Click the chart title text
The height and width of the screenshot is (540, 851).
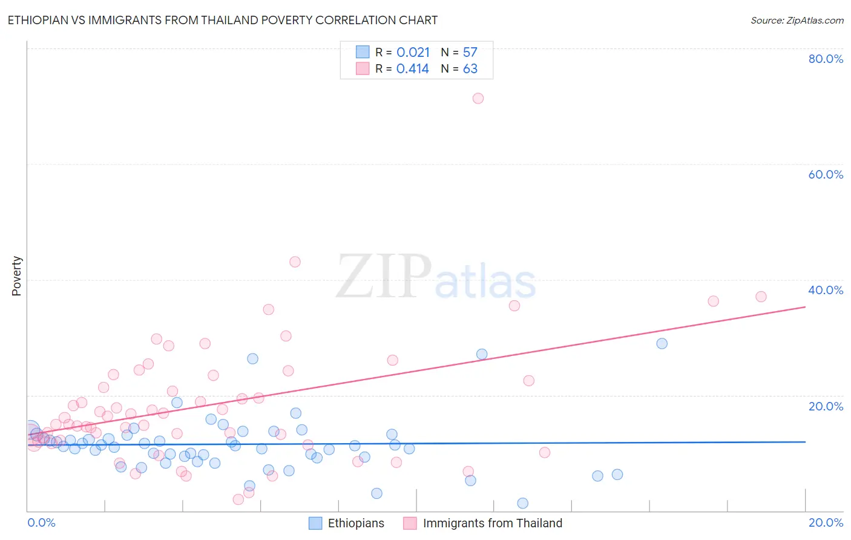coord(222,20)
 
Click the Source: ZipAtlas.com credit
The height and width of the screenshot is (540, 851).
coord(797,20)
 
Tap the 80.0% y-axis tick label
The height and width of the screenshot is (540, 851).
coord(826,59)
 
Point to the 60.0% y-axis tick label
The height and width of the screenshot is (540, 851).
coord(826,174)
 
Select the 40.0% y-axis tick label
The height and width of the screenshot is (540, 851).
coord(826,290)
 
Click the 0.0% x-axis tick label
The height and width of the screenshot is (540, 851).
coord(41,522)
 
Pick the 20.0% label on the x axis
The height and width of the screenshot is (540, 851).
coord(826,522)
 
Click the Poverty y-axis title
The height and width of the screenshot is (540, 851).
coord(16,276)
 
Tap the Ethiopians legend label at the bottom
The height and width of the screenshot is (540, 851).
coord(356,523)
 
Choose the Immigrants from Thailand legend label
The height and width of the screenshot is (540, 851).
coord(493,523)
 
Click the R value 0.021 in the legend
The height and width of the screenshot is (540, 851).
coord(413,53)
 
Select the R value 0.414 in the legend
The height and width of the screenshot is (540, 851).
coord(413,69)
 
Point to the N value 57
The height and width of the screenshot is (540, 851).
coord(470,53)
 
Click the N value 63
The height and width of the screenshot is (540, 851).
coord(470,69)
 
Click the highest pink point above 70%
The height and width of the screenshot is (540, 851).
coord(478,98)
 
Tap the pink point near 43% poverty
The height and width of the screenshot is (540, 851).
coord(295,262)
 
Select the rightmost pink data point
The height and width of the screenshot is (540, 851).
coord(761,297)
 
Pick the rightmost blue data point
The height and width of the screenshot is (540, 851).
coord(662,343)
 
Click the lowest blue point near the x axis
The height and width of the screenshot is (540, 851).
coord(523,503)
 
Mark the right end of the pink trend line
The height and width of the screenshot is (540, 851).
coord(805,307)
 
